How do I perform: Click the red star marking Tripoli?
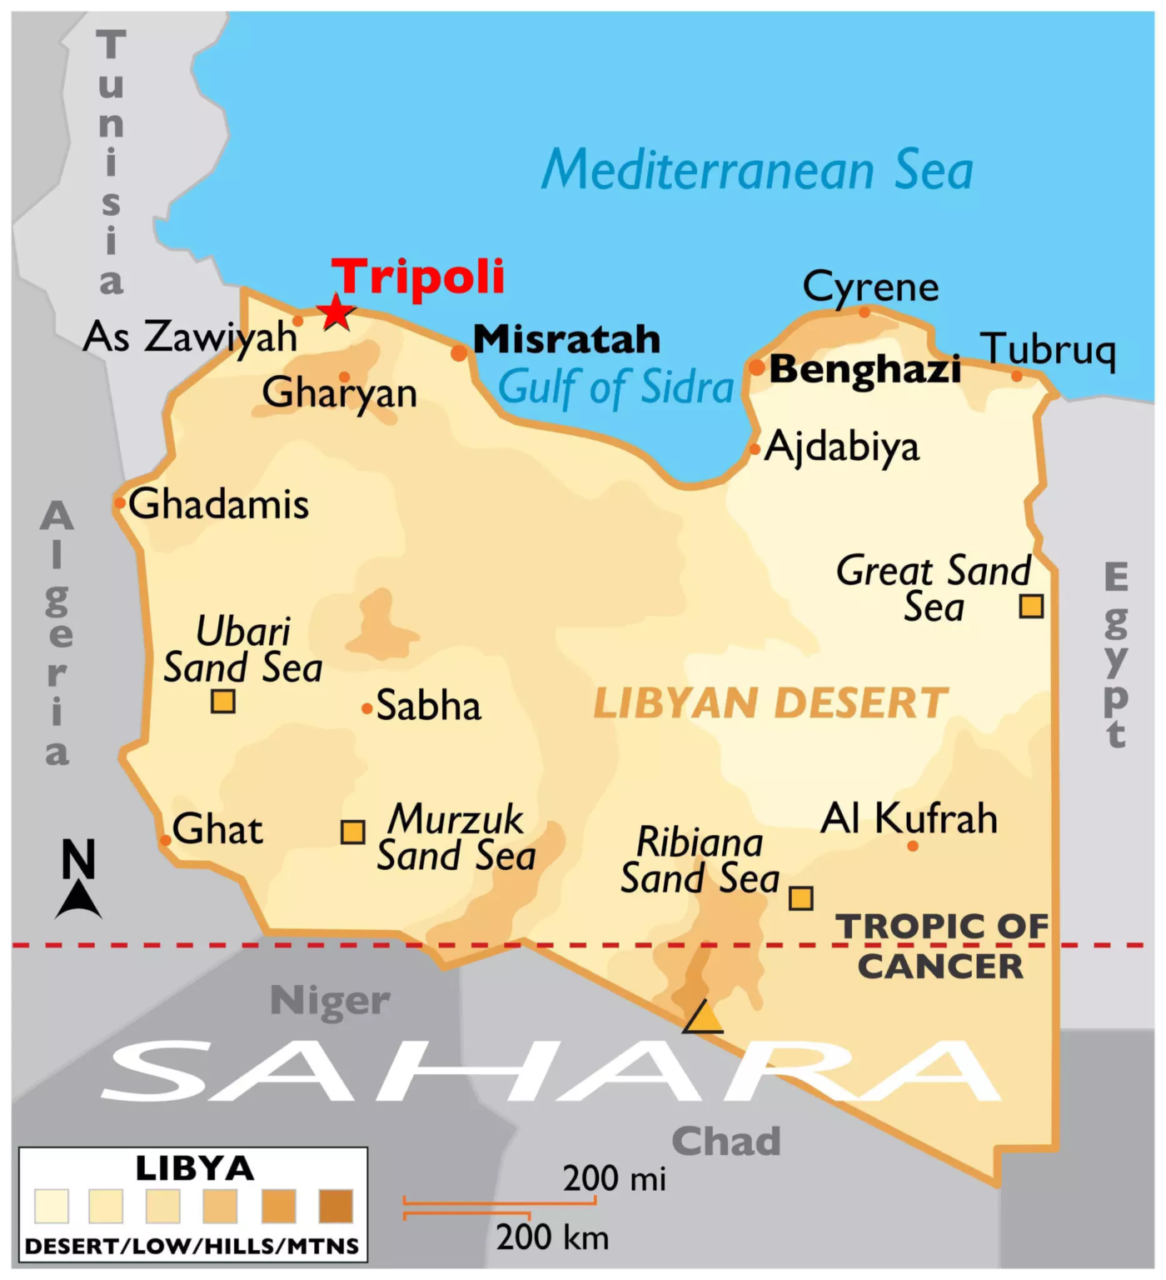click(336, 312)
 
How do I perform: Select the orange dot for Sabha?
click(366, 709)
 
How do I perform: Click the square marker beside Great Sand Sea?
click(1031, 606)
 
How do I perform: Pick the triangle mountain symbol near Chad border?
click(703, 1018)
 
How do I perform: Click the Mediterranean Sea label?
click(757, 170)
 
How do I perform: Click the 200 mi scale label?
click(614, 1178)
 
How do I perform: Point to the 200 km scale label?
click(552, 1237)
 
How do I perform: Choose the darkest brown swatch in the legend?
click(336, 1206)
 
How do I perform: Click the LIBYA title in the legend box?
click(194, 1168)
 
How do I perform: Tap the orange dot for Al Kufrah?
click(913, 846)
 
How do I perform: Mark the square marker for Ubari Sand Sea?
click(222, 702)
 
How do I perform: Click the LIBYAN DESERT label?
click(770, 703)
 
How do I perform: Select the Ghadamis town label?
click(218, 504)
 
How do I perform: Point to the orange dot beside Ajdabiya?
click(755, 449)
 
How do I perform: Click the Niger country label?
click(330, 1000)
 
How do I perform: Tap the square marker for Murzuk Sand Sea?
click(352, 832)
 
